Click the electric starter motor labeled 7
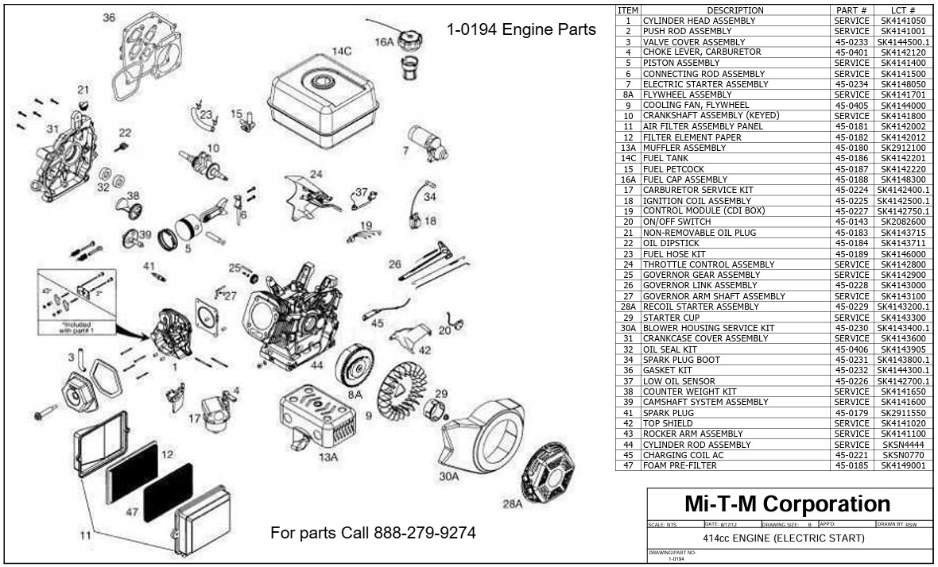click(x=427, y=143)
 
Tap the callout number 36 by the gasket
click(x=109, y=17)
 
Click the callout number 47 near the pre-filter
click(x=133, y=512)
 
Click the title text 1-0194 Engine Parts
click(x=521, y=30)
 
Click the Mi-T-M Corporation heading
click(x=787, y=503)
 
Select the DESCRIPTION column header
click(x=735, y=10)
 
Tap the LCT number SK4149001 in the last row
click(x=903, y=466)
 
